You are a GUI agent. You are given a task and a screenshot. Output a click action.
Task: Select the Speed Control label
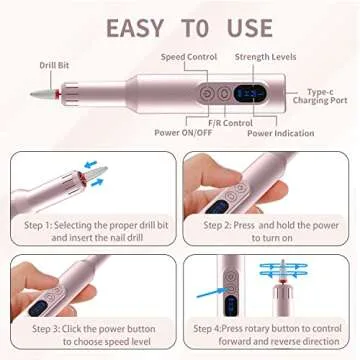click(x=185, y=57)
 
